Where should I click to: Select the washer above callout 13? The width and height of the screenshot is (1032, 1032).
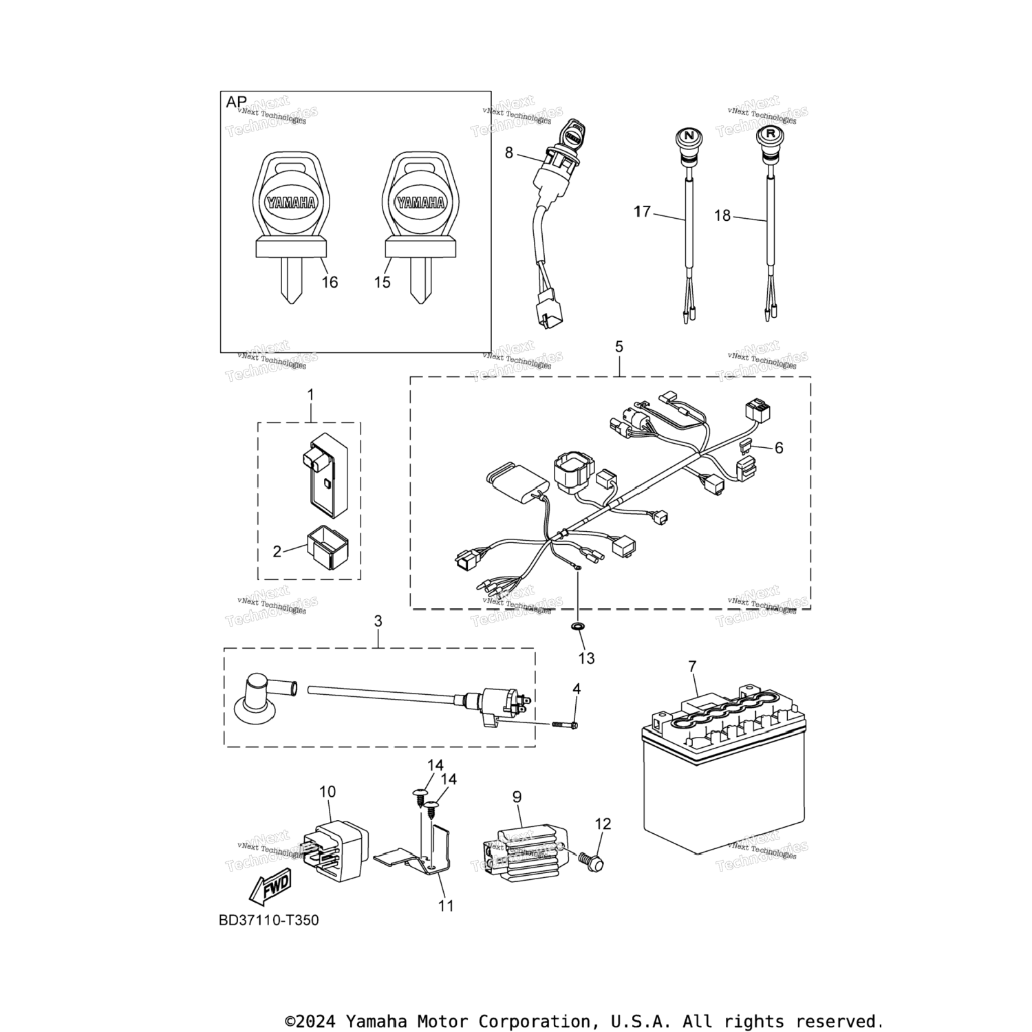tap(577, 626)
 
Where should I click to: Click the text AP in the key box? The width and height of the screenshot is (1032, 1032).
tap(236, 103)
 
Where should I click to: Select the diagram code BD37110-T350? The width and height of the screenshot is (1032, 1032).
tap(269, 921)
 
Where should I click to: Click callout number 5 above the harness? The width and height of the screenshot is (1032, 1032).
tap(619, 347)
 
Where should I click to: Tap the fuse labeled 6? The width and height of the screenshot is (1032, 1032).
tap(746, 447)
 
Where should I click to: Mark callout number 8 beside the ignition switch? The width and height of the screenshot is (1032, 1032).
tap(509, 153)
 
